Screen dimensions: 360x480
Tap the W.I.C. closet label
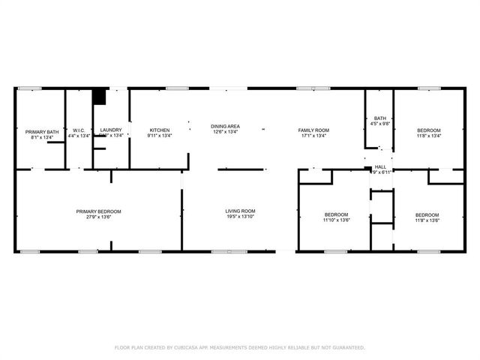tap(78, 130)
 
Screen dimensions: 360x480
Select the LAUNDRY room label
tap(111, 130)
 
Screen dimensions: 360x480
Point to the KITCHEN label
tap(159, 130)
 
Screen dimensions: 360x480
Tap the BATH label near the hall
tap(380, 118)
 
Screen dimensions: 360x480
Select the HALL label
tap(380, 166)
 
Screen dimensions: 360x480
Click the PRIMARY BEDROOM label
tap(98, 211)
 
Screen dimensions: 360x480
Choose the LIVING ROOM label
tap(241, 211)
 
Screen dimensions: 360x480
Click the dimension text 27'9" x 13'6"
tap(98, 217)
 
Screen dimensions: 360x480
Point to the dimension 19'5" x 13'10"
tap(241, 217)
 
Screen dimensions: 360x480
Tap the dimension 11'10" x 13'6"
tap(335, 220)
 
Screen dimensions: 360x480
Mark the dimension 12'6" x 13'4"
tap(225, 132)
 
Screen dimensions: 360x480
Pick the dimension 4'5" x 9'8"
tap(380, 124)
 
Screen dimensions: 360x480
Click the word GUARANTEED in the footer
tap(347, 348)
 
